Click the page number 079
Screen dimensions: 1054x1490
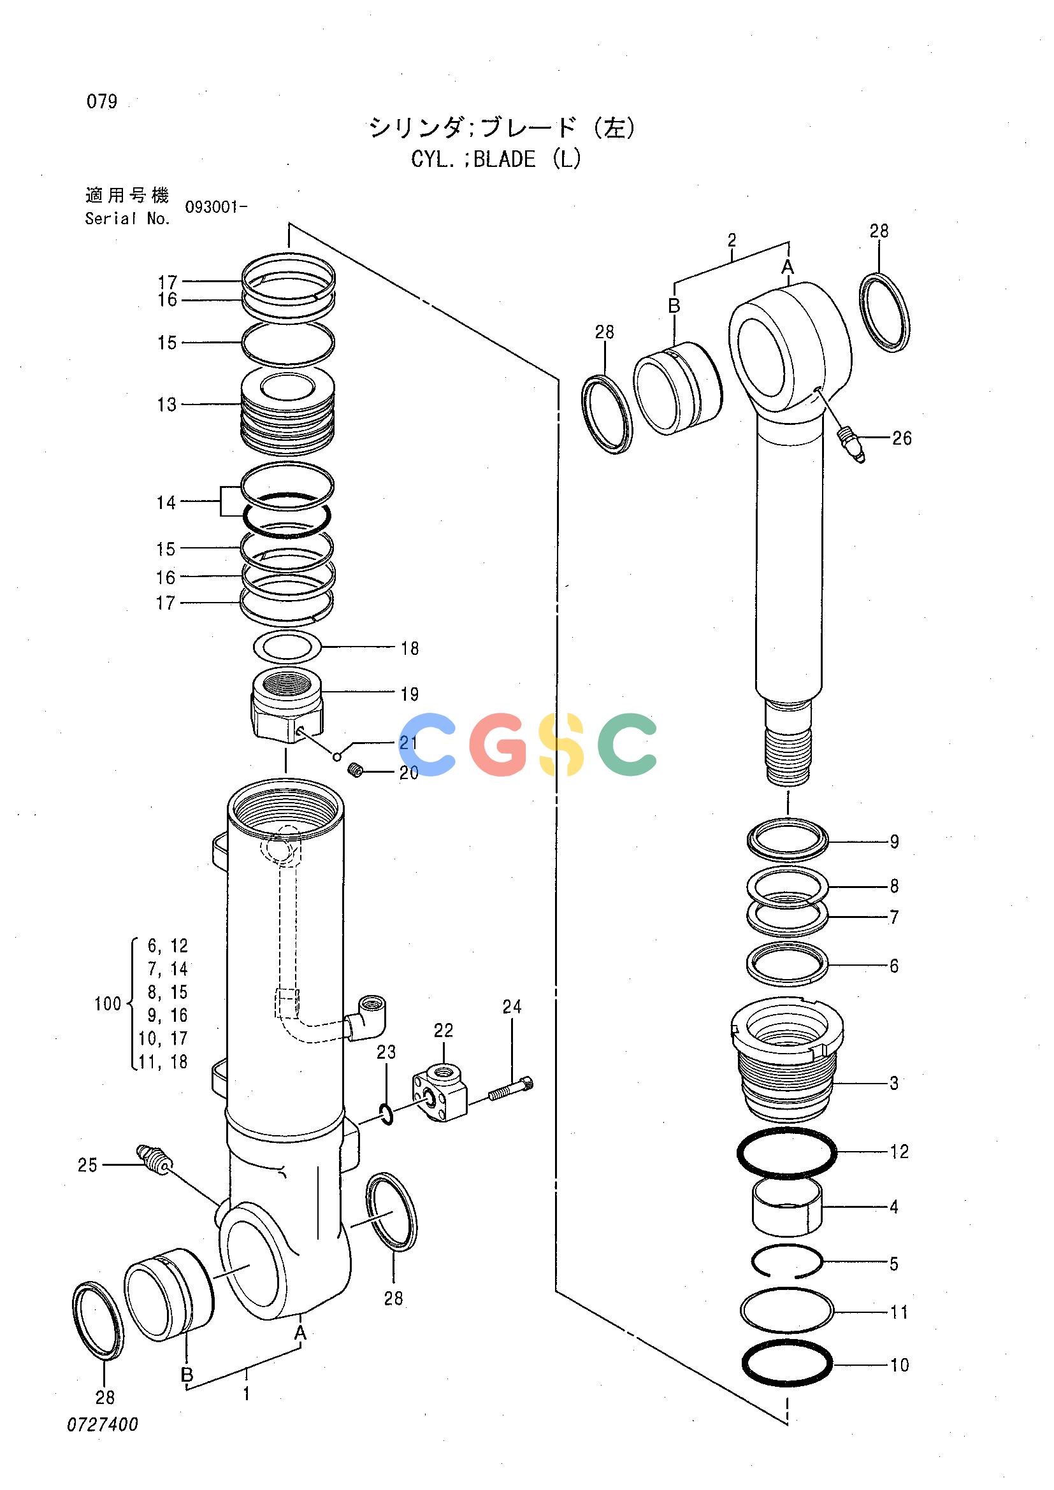pos(102,102)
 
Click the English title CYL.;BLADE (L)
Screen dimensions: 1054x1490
pos(496,159)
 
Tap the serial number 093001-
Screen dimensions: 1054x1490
pos(216,208)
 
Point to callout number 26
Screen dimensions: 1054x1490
pos(902,438)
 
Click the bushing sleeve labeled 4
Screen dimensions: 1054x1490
pos(787,1206)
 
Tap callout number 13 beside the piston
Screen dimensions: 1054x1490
pos(167,405)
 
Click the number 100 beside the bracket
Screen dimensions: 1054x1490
pos(108,1004)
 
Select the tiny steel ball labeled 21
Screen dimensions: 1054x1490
pos(337,756)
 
